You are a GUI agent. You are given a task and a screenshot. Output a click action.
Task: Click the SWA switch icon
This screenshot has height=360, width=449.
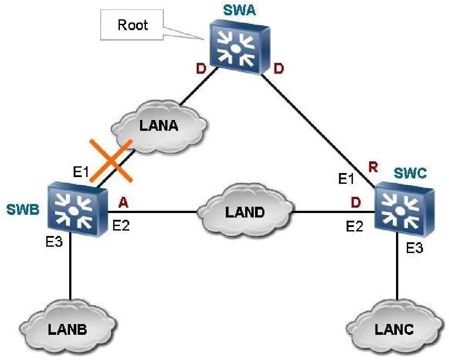239,47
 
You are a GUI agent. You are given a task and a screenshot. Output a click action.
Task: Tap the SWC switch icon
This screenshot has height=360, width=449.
404,209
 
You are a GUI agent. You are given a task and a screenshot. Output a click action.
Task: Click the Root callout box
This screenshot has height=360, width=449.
132,25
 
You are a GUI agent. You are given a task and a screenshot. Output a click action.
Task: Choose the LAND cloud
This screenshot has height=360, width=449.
245,212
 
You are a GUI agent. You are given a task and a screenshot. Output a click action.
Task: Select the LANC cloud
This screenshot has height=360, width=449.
394,329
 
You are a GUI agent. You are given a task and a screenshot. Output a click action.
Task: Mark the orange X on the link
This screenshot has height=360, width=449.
111,161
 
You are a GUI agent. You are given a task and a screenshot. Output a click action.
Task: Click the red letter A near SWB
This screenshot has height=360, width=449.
123,202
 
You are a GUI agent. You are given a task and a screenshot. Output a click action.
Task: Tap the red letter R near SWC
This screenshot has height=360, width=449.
373,167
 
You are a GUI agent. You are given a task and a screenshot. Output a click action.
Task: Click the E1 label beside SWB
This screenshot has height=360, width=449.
81,172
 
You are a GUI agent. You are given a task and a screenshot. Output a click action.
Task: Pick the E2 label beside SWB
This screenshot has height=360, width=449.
121,226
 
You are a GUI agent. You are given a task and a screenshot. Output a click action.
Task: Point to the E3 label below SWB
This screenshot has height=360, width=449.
54,242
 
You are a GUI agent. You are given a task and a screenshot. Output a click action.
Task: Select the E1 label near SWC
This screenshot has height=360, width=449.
346,178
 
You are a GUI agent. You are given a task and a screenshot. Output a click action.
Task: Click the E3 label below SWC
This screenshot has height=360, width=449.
414,248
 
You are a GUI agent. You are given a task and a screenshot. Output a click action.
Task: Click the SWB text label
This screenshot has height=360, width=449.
23,209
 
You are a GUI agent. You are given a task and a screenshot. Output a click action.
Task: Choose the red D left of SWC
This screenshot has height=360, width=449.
356,202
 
